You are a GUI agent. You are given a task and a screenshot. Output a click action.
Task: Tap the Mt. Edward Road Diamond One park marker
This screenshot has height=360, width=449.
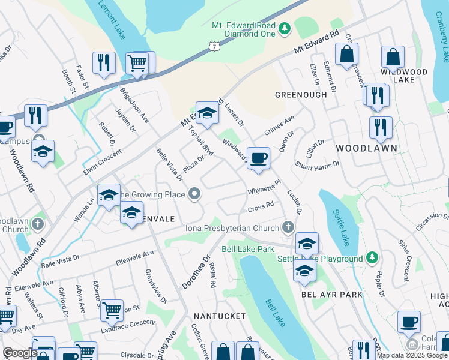coord(285,27)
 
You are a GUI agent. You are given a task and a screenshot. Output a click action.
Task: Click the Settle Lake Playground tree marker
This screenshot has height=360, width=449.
coord(372,258)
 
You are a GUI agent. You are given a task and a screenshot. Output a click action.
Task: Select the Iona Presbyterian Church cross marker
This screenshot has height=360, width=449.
coord(288,227)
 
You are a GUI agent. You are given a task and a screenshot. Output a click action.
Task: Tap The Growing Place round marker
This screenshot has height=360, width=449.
coord(194,194)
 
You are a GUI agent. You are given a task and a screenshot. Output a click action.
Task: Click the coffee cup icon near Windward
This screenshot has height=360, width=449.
coord(258,158)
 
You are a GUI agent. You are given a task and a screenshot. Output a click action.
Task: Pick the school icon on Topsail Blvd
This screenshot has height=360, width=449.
coord(207,113)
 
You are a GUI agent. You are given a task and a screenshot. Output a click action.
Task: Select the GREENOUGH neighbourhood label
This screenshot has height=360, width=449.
coord(301,95)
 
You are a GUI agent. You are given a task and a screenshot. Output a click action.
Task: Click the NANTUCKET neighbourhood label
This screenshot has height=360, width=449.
coord(220,316)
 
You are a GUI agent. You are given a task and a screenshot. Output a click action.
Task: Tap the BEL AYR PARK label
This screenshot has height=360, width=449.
coord(332,295)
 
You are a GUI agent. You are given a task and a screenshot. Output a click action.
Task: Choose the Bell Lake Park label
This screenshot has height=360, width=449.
coord(248,248)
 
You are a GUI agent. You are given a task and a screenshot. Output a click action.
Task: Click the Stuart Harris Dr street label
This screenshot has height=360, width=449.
coord(318,164)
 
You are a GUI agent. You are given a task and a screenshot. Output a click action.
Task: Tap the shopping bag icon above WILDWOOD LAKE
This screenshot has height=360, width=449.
coord(393,58)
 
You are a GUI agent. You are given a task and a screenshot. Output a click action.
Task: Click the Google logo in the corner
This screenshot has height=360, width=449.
coord(20,353)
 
